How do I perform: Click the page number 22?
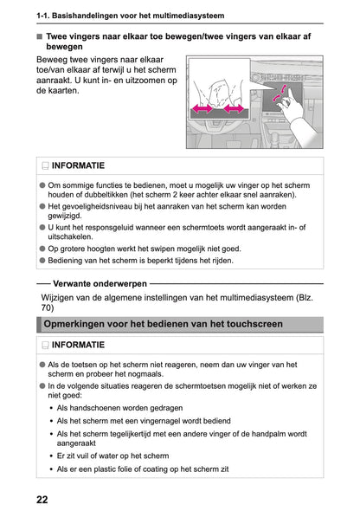coord(42,499)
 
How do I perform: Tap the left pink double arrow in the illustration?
coord(203,110)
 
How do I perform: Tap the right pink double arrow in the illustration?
coord(235,110)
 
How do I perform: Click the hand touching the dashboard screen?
coord(290,105)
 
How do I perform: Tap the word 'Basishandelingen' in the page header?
coord(90,15)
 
